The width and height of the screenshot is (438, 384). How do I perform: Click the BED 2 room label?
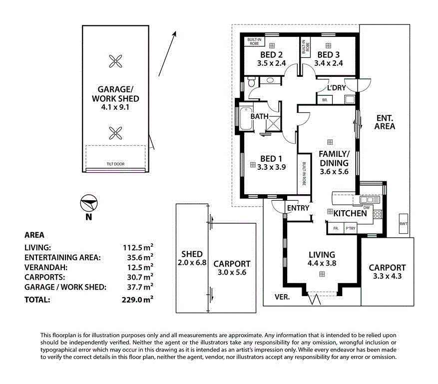[272, 55]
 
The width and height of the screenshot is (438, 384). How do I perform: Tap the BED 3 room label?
[328, 55]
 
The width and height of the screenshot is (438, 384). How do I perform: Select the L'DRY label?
[336, 88]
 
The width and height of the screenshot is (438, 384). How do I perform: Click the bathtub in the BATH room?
[245, 120]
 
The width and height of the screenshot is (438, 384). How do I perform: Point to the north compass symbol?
[88, 203]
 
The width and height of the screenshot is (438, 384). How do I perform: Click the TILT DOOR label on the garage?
[115, 164]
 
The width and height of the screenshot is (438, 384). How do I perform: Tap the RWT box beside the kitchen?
[403, 224]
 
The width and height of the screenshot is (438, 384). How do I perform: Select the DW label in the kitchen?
[366, 207]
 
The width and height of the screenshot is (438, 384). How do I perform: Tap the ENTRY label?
[298, 208]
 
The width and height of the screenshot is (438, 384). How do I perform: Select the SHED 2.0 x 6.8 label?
[192, 258]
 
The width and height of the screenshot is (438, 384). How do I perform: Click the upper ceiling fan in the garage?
[115, 62]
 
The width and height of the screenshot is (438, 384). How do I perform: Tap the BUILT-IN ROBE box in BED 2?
[254, 41]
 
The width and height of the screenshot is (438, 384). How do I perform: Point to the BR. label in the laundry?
[325, 100]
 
